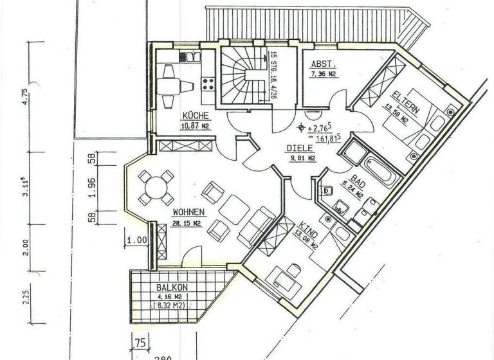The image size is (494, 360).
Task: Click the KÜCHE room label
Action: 194,115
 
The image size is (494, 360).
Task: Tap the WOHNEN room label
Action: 188,212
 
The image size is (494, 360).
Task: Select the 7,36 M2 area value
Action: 324,75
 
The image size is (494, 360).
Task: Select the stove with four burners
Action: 209,83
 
